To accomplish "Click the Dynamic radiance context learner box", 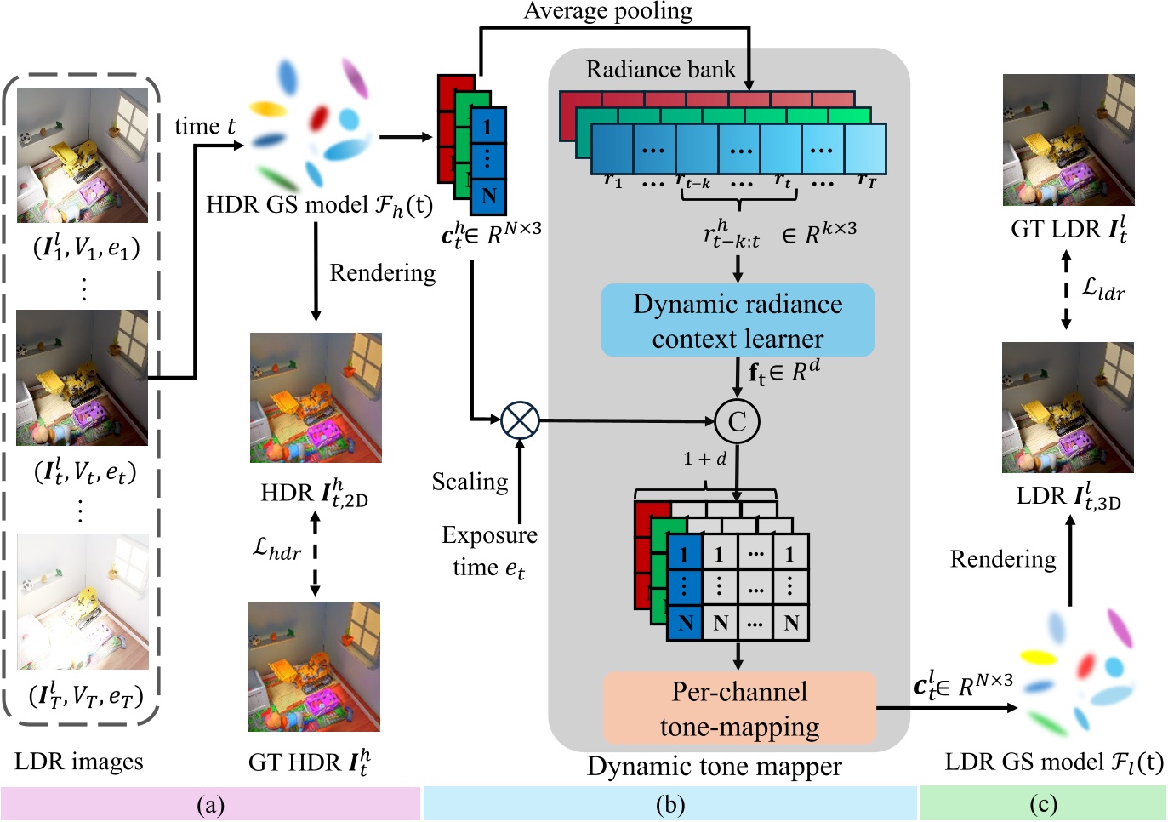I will point(738,321).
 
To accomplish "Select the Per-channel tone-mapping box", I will point(739,708).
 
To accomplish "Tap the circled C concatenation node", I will point(737,421).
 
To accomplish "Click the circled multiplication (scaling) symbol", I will point(520,420).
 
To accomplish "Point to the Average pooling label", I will point(607,11).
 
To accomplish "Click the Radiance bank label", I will point(660,70).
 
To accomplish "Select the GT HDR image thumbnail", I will point(314,667).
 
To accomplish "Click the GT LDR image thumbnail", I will point(1068,140).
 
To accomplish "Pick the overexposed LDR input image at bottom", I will point(83,602).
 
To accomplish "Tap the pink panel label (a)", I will point(210,804).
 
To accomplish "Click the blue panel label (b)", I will point(670,804).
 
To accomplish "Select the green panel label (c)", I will point(1043,804).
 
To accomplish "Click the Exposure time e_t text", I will point(489,551).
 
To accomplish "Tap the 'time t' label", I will point(205,127).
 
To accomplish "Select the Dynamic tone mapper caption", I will point(714,767).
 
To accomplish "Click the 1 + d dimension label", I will point(704,459).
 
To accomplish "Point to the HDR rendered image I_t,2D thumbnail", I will point(316,398).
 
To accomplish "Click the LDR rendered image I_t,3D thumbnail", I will point(1068,408).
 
